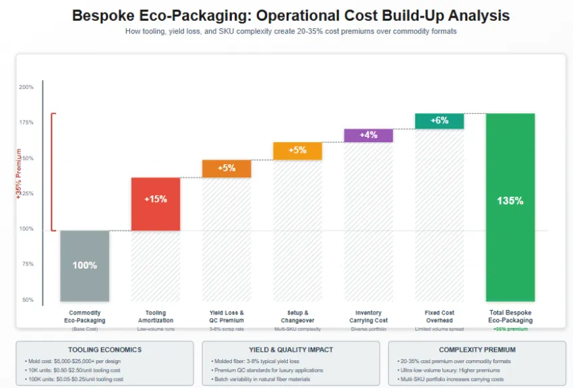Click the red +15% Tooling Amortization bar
point(155,203)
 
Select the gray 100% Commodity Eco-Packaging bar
point(84,265)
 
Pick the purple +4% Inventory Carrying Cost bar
point(368,135)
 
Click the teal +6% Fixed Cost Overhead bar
point(439,121)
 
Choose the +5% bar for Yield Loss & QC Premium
point(227,168)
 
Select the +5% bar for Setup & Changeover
point(297,151)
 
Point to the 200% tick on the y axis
point(26,88)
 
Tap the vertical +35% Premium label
point(19,173)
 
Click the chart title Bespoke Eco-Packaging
point(291,15)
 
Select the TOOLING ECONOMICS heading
point(104,350)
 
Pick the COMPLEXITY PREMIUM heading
point(477,350)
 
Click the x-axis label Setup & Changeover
point(297,317)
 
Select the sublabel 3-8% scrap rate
point(227,329)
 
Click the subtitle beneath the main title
point(291,32)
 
